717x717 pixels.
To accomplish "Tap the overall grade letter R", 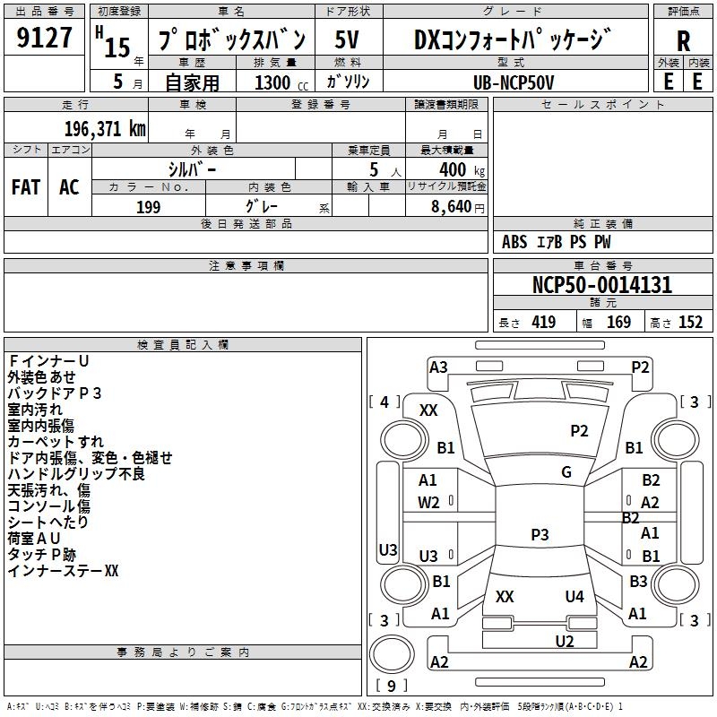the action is pyautogui.click(x=683, y=40).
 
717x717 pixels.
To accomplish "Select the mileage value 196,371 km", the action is pyautogui.click(x=105, y=128).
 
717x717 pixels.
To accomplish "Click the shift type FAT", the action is pyautogui.click(x=25, y=186).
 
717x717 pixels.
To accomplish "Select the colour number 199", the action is pyautogui.click(x=148, y=207).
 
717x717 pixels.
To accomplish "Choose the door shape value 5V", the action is pyautogui.click(x=349, y=40).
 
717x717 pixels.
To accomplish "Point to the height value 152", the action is pyautogui.click(x=690, y=323).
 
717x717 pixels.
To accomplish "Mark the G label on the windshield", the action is pyautogui.click(x=566, y=472).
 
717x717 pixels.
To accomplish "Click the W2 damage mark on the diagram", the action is pyautogui.click(x=429, y=503).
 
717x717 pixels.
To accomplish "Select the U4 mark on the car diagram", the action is pyautogui.click(x=574, y=596).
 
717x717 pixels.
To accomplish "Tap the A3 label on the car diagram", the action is pyautogui.click(x=438, y=367).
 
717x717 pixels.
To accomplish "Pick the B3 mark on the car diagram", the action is pyautogui.click(x=638, y=582).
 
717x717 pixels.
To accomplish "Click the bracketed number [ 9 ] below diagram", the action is pyautogui.click(x=391, y=687).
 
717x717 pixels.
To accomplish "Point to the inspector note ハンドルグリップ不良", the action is pyautogui.click(x=76, y=473).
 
